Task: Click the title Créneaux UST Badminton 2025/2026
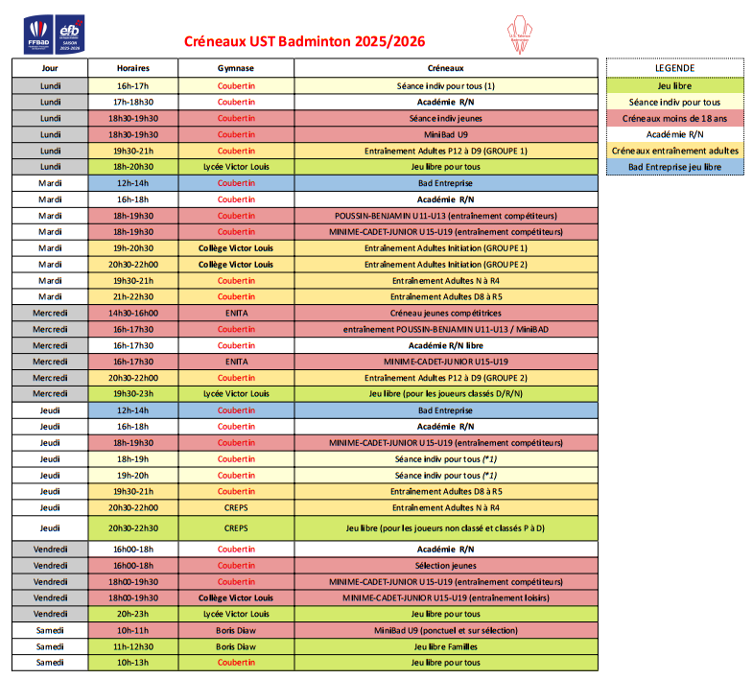click(304, 42)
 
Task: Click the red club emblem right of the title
click(521, 34)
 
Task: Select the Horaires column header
click(132, 69)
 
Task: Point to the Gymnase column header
click(236, 69)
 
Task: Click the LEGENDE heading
click(674, 68)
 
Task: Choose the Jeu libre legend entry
click(674, 85)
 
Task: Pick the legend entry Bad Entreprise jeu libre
click(674, 167)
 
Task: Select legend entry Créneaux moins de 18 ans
click(674, 118)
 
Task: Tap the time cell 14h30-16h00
click(132, 313)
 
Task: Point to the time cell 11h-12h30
click(132, 646)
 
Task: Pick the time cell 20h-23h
click(132, 614)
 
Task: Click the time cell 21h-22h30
click(132, 296)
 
